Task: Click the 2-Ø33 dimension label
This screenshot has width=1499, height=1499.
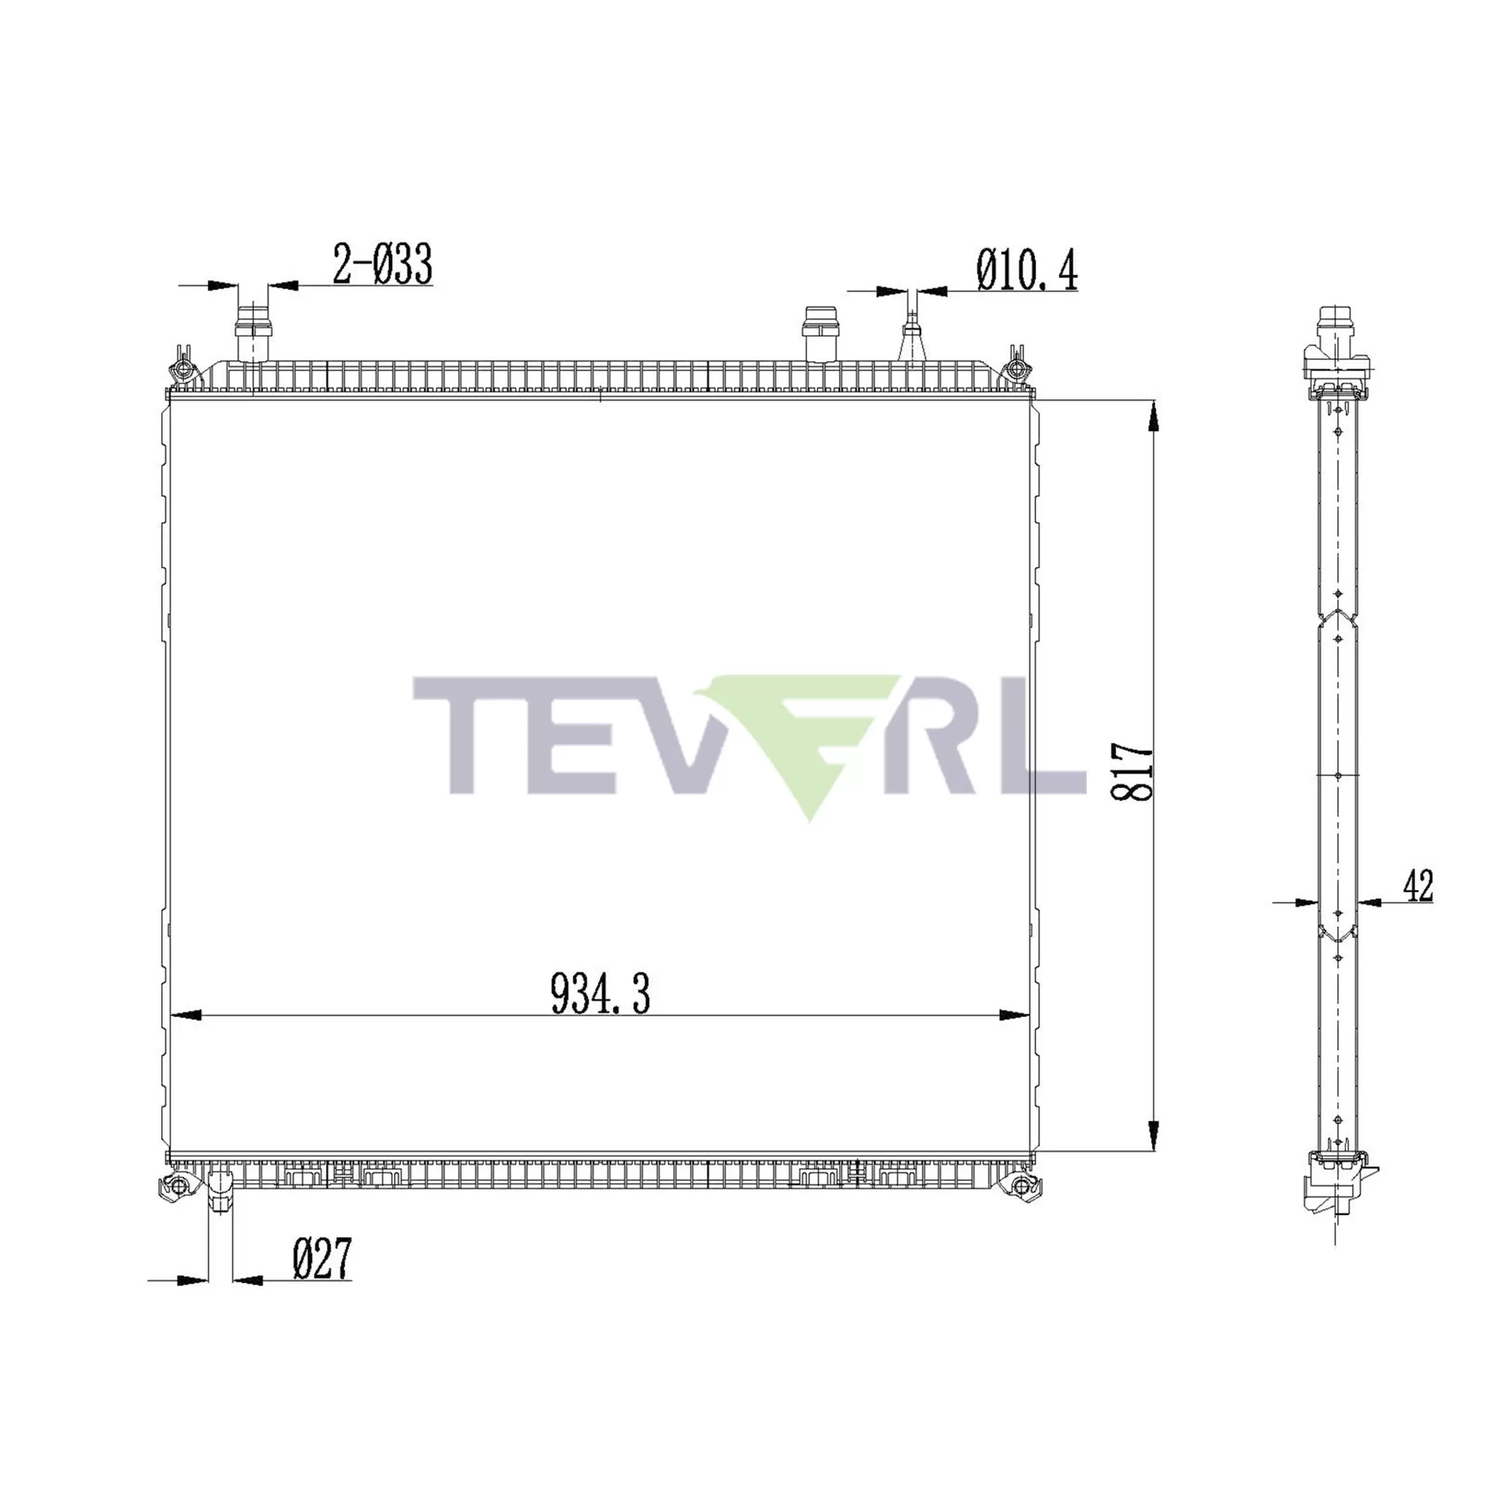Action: [x=382, y=265]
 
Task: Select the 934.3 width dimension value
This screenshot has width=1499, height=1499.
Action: [x=600, y=994]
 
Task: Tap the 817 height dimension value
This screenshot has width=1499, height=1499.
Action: [x=1133, y=773]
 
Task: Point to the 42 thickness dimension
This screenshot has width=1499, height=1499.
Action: [x=1418, y=886]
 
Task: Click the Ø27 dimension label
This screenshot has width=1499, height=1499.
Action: [x=322, y=1258]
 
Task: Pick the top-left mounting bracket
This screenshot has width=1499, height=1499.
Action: [x=182, y=367]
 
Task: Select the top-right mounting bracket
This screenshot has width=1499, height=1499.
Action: [x=1016, y=367]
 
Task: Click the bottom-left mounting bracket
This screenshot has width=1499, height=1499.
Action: [x=176, y=1186]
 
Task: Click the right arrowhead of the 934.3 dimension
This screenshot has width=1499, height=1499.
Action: [x=1013, y=1016]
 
